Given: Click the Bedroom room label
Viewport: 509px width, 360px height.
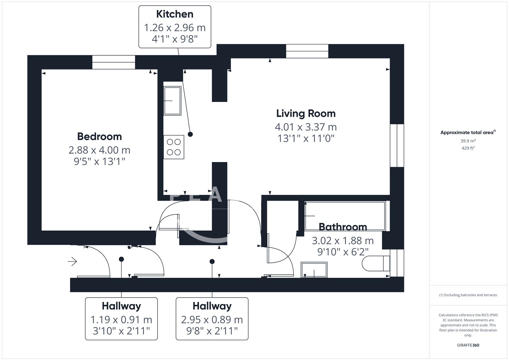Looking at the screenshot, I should [x=99, y=136].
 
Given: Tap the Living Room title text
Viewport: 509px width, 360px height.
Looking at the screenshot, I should [x=306, y=113].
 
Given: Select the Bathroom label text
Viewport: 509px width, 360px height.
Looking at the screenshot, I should [x=343, y=227].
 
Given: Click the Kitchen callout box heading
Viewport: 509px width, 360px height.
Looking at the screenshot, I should [x=175, y=14].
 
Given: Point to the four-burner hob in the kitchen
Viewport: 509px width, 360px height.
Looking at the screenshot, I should [x=174, y=147].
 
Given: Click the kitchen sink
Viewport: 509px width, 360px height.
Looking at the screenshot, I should [x=172, y=101].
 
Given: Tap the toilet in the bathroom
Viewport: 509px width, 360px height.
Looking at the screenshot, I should [x=376, y=263].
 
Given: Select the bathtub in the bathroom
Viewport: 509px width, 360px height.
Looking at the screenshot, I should [x=345, y=216].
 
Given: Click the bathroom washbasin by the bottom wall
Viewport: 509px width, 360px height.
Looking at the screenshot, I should [x=314, y=270].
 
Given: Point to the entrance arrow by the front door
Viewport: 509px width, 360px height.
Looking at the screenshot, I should [x=72, y=262].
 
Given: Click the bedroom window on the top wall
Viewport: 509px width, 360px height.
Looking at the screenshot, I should [x=114, y=62].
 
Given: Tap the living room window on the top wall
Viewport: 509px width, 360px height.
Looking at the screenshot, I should [x=307, y=51].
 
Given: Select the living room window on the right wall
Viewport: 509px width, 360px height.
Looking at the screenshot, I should [x=397, y=145].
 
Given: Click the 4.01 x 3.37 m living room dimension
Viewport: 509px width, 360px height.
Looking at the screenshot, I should [x=306, y=127].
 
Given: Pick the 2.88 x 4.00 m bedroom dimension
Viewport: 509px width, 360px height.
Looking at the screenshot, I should [x=99, y=150].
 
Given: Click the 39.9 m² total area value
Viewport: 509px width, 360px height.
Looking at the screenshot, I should [x=468, y=141].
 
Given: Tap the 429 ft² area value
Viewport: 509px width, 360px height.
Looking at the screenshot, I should [x=468, y=148].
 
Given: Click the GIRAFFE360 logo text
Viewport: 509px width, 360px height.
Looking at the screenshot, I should [x=468, y=345].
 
